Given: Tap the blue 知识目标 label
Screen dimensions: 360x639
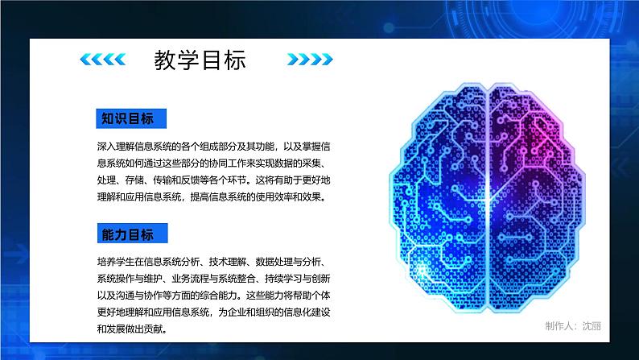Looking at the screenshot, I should [x=127, y=118].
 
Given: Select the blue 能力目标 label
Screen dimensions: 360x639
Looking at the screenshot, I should [x=127, y=234].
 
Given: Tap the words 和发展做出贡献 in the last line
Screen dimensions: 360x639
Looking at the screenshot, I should [x=138, y=329].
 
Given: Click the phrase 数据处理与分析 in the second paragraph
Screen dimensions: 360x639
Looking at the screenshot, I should [x=274, y=262].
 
